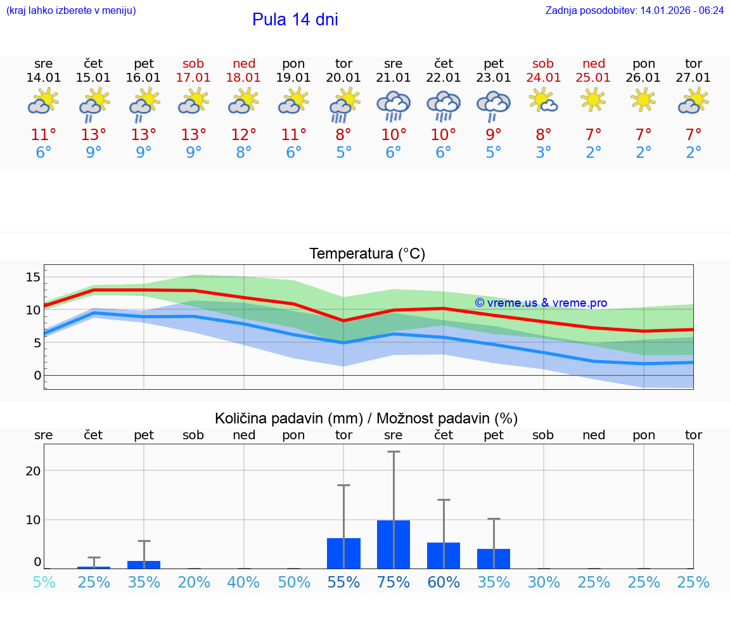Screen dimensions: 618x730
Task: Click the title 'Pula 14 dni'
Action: tap(295, 20)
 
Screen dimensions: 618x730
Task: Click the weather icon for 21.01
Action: tap(394, 106)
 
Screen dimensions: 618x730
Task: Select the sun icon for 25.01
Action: tap(593, 100)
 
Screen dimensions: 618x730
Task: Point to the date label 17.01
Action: tap(194, 77)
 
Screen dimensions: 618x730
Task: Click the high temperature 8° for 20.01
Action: tap(343, 135)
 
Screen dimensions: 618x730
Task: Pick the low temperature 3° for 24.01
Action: tap(544, 153)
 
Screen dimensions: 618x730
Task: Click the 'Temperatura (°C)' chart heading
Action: tap(367, 254)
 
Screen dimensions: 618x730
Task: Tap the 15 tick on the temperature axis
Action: tap(33, 277)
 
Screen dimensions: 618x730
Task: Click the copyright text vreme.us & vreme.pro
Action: tap(541, 303)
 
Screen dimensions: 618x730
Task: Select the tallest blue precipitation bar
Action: tap(394, 544)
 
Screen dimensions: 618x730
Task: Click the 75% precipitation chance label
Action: tap(394, 583)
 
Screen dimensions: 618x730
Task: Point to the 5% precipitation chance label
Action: tap(44, 583)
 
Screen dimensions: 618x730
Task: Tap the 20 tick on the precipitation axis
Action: tap(33, 470)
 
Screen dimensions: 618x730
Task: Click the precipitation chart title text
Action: tap(366, 418)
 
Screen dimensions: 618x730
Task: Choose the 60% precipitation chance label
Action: tap(444, 583)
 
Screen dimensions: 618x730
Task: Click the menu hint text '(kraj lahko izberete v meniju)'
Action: tap(71, 10)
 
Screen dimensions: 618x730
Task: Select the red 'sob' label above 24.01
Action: tap(543, 63)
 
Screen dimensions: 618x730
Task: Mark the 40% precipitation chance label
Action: tap(243, 583)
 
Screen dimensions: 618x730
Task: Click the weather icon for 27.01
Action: tap(693, 101)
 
